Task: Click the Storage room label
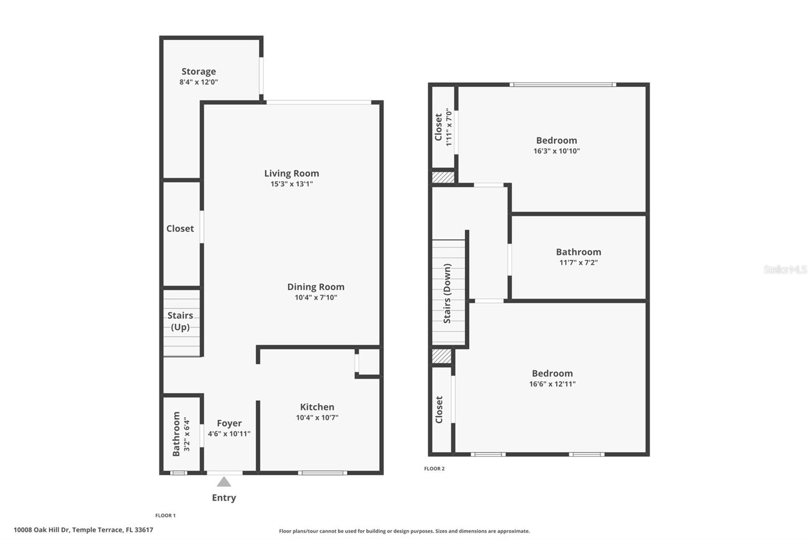pyautogui.click(x=199, y=71)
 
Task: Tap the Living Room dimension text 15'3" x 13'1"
pyautogui.click(x=291, y=184)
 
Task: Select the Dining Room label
pyautogui.click(x=316, y=287)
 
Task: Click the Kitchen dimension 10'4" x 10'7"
pyautogui.click(x=317, y=418)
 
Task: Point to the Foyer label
pyautogui.click(x=229, y=423)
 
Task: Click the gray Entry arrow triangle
pyautogui.click(x=224, y=481)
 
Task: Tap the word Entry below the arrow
pyautogui.click(x=224, y=498)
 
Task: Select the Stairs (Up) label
pyautogui.click(x=180, y=321)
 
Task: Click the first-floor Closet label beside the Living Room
pyautogui.click(x=180, y=229)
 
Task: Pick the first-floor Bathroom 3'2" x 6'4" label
pyautogui.click(x=181, y=434)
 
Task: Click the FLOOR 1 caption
pyautogui.click(x=165, y=516)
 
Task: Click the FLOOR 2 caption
pyautogui.click(x=434, y=469)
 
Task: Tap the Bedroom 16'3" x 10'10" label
pyautogui.click(x=556, y=145)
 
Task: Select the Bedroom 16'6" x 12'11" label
pyautogui.click(x=552, y=378)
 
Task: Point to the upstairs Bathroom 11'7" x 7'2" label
pyautogui.click(x=578, y=256)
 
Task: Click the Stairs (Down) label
pyautogui.click(x=447, y=293)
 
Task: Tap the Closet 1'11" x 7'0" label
pyautogui.click(x=443, y=127)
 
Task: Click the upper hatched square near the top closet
pyautogui.click(x=443, y=177)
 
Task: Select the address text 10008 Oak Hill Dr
pyautogui.click(x=83, y=530)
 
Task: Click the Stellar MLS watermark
pyautogui.click(x=785, y=269)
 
